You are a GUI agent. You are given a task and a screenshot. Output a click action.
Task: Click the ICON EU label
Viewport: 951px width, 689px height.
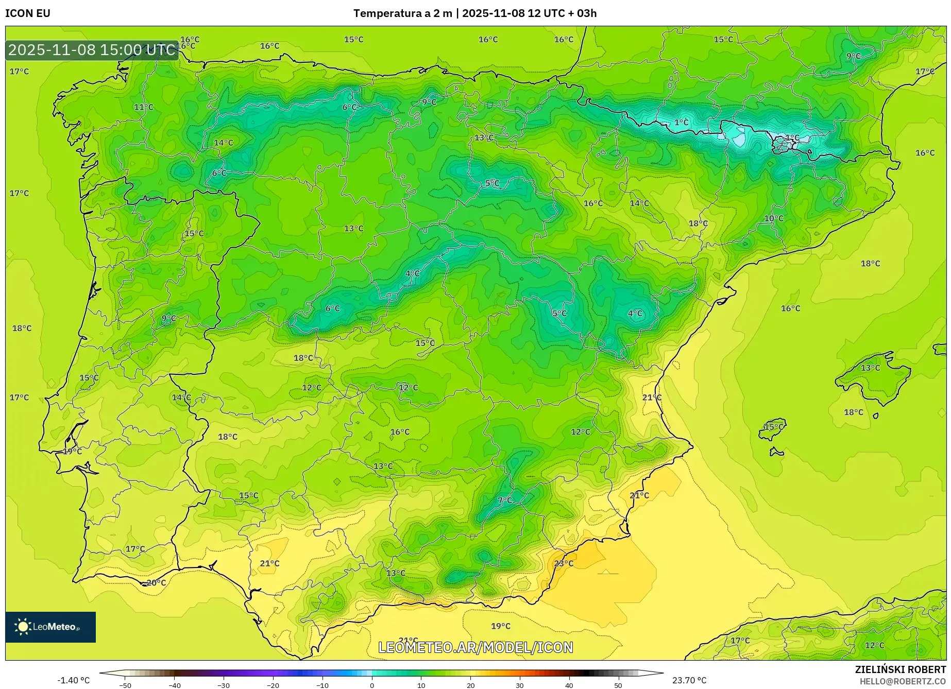point(28,13)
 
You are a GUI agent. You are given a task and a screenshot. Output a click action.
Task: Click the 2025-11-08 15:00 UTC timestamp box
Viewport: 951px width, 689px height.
point(92,50)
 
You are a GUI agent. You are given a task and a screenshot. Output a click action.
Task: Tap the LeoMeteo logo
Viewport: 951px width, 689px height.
point(50,627)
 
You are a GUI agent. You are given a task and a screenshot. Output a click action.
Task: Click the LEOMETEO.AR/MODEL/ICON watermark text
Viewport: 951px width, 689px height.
point(475,647)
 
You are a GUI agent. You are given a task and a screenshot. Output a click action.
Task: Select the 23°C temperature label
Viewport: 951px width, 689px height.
point(563,563)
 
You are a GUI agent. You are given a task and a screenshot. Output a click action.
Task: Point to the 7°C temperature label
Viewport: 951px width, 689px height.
point(505,500)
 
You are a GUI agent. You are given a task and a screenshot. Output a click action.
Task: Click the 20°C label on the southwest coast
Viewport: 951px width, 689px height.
point(156,583)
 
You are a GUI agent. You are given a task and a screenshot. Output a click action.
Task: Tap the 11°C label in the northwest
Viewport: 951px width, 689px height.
point(144,107)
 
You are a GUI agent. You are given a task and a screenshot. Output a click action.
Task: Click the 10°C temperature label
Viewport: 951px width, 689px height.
point(773,218)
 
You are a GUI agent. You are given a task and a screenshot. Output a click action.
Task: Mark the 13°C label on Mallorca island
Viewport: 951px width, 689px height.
point(870,368)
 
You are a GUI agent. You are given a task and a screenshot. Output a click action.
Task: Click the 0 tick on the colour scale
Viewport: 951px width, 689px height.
point(372,685)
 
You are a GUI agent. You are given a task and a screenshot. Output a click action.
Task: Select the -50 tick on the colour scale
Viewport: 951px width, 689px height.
point(125,685)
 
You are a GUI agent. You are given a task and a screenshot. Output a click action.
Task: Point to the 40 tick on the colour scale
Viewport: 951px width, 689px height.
point(569,685)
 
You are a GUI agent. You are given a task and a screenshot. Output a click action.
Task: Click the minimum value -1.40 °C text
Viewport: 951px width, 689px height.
point(73,680)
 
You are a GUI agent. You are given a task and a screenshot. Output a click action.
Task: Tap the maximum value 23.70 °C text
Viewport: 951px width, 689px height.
point(689,680)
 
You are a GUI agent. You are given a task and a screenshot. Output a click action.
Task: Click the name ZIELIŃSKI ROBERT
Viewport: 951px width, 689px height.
point(901,669)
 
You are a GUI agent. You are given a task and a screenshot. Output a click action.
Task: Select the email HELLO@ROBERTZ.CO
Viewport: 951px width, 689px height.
point(903,681)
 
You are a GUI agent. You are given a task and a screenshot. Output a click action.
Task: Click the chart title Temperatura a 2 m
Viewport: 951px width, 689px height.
point(402,13)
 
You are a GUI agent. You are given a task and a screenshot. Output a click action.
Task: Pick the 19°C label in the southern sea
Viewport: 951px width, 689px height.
point(500,626)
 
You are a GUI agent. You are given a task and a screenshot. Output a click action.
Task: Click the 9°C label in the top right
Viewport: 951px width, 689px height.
point(854,56)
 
